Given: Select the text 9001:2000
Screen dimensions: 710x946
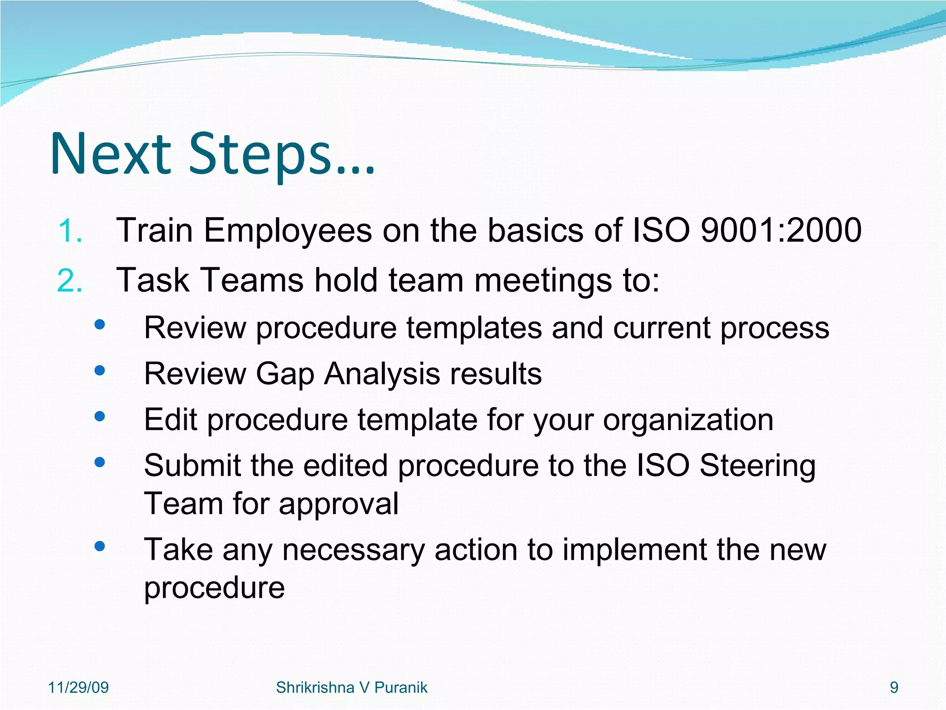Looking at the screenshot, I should pos(781,230).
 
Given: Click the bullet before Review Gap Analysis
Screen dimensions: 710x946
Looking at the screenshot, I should pos(99,371).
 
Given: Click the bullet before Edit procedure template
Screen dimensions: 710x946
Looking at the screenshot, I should pos(99,417).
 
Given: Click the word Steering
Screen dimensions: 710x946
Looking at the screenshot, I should pos(758,466).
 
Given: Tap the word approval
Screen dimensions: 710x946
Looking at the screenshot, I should pos(339,504).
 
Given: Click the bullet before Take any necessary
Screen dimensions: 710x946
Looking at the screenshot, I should pos(99,547).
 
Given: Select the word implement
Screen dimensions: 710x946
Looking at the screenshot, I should pos(635,550).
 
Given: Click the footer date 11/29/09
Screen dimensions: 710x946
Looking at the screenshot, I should pos(79,688).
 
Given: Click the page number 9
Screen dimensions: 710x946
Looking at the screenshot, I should pos(894,688).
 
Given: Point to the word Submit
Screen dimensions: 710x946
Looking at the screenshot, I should pos(193,466).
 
